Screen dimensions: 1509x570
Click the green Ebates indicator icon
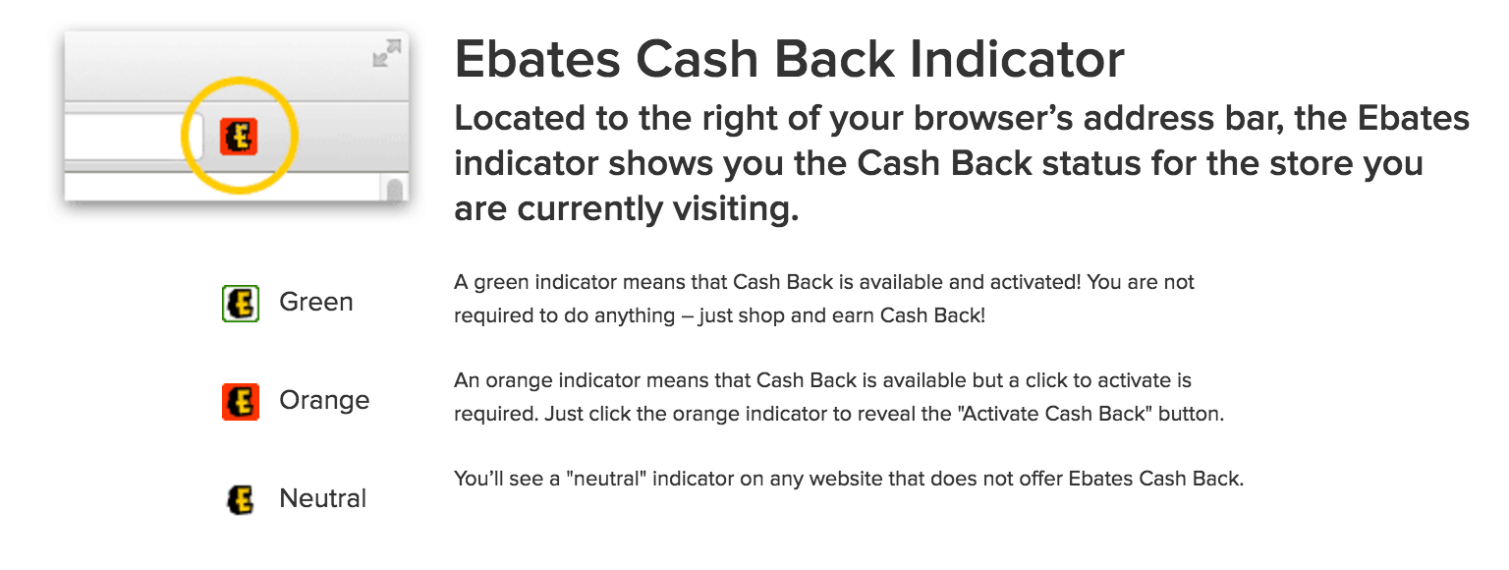241,304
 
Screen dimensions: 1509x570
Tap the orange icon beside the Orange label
241,402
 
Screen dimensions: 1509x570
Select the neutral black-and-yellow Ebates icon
241,500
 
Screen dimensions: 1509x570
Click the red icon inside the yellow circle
239,137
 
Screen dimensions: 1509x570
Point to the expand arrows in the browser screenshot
387,53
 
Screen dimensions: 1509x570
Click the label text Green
316,302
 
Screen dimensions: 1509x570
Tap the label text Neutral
322,498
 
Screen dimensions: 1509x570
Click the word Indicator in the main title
1017,59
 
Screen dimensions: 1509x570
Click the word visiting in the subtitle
736,209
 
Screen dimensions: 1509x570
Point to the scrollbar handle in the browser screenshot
396,190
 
